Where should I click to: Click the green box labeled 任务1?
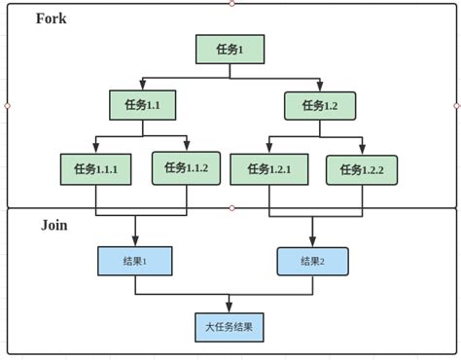click(230, 50)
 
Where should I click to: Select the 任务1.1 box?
click(142, 105)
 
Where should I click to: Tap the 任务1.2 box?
click(319, 105)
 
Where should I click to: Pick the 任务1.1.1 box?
click(94, 169)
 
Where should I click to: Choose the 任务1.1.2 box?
click(186, 168)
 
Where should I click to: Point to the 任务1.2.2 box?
click(361, 170)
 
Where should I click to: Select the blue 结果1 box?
click(134, 261)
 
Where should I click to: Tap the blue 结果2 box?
click(312, 261)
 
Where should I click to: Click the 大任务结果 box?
click(229, 327)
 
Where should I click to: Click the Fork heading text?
click(51, 18)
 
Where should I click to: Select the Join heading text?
click(53, 225)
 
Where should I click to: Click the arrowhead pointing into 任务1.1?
click(142, 87)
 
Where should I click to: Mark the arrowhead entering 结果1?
click(134, 242)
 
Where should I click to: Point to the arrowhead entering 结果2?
click(312, 242)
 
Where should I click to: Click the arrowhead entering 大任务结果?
click(230, 307)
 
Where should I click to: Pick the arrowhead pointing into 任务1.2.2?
click(362, 150)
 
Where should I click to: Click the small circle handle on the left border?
click(7, 105)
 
